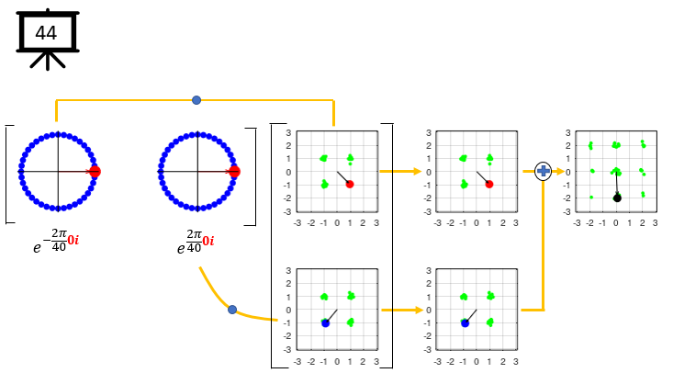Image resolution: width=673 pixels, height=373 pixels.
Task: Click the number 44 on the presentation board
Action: pyautogui.click(x=46, y=33)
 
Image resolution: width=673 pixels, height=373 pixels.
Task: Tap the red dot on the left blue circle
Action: pyautogui.click(x=95, y=172)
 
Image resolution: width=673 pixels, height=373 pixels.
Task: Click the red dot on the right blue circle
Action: pyautogui.click(x=234, y=172)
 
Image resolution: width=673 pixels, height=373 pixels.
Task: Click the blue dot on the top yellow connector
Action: pyautogui.click(x=196, y=99)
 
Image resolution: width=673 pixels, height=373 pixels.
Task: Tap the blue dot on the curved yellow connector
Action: pyautogui.click(x=232, y=310)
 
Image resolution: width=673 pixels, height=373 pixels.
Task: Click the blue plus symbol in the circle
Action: pyautogui.click(x=543, y=171)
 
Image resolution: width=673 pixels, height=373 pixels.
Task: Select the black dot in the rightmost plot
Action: pyautogui.click(x=617, y=198)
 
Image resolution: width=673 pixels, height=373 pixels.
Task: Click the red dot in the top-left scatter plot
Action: pyautogui.click(x=350, y=185)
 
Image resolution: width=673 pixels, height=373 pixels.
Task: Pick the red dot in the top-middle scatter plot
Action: pyautogui.click(x=489, y=185)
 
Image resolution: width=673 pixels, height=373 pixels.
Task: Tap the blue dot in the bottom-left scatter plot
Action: pyautogui.click(x=325, y=322)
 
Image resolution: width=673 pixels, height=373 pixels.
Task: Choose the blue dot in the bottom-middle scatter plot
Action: pyautogui.click(x=465, y=322)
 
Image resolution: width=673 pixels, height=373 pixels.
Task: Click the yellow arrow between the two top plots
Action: pyautogui.click(x=400, y=171)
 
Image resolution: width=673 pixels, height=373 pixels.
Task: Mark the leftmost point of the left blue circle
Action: pyautogui.click(x=20, y=172)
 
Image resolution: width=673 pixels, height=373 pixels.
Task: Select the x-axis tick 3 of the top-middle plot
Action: pyautogui.click(x=516, y=222)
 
